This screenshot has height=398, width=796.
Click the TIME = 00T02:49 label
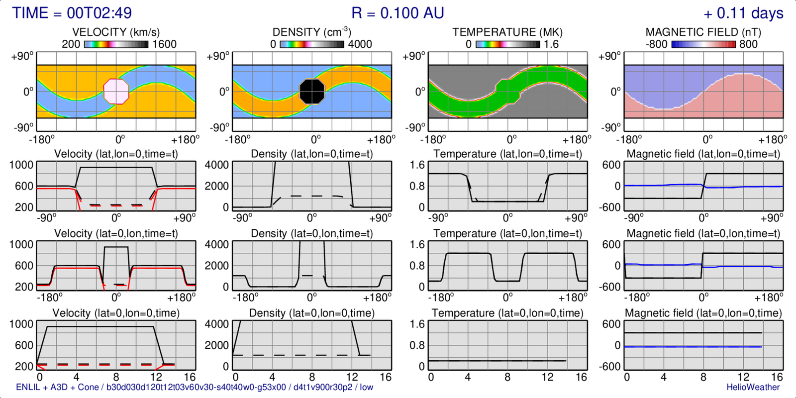(72, 13)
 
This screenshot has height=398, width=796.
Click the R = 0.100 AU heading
(398, 13)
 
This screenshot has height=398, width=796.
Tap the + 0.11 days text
(743, 13)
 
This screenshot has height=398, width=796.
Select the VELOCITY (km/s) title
(116, 32)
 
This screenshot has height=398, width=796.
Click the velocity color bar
(116, 44)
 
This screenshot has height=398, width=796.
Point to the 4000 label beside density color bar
(360, 44)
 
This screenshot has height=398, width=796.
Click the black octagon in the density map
(312, 91)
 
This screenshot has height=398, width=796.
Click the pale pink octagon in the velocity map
(116, 92)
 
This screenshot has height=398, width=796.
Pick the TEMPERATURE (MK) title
(507, 32)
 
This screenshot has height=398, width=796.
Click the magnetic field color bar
(703, 44)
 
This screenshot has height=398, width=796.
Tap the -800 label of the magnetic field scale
(656, 44)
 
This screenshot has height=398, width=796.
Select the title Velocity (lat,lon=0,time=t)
(116, 154)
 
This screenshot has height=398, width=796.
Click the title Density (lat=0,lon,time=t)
(311, 233)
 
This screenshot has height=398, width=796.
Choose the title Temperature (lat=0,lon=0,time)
(507, 313)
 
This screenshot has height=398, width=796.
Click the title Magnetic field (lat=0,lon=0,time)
(703, 313)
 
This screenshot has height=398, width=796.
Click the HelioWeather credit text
(753, 387)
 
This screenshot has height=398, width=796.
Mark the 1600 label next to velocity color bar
(164, 44)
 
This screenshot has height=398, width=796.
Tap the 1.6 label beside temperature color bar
(551, 44)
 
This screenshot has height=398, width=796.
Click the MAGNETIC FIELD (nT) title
(703, 32)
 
